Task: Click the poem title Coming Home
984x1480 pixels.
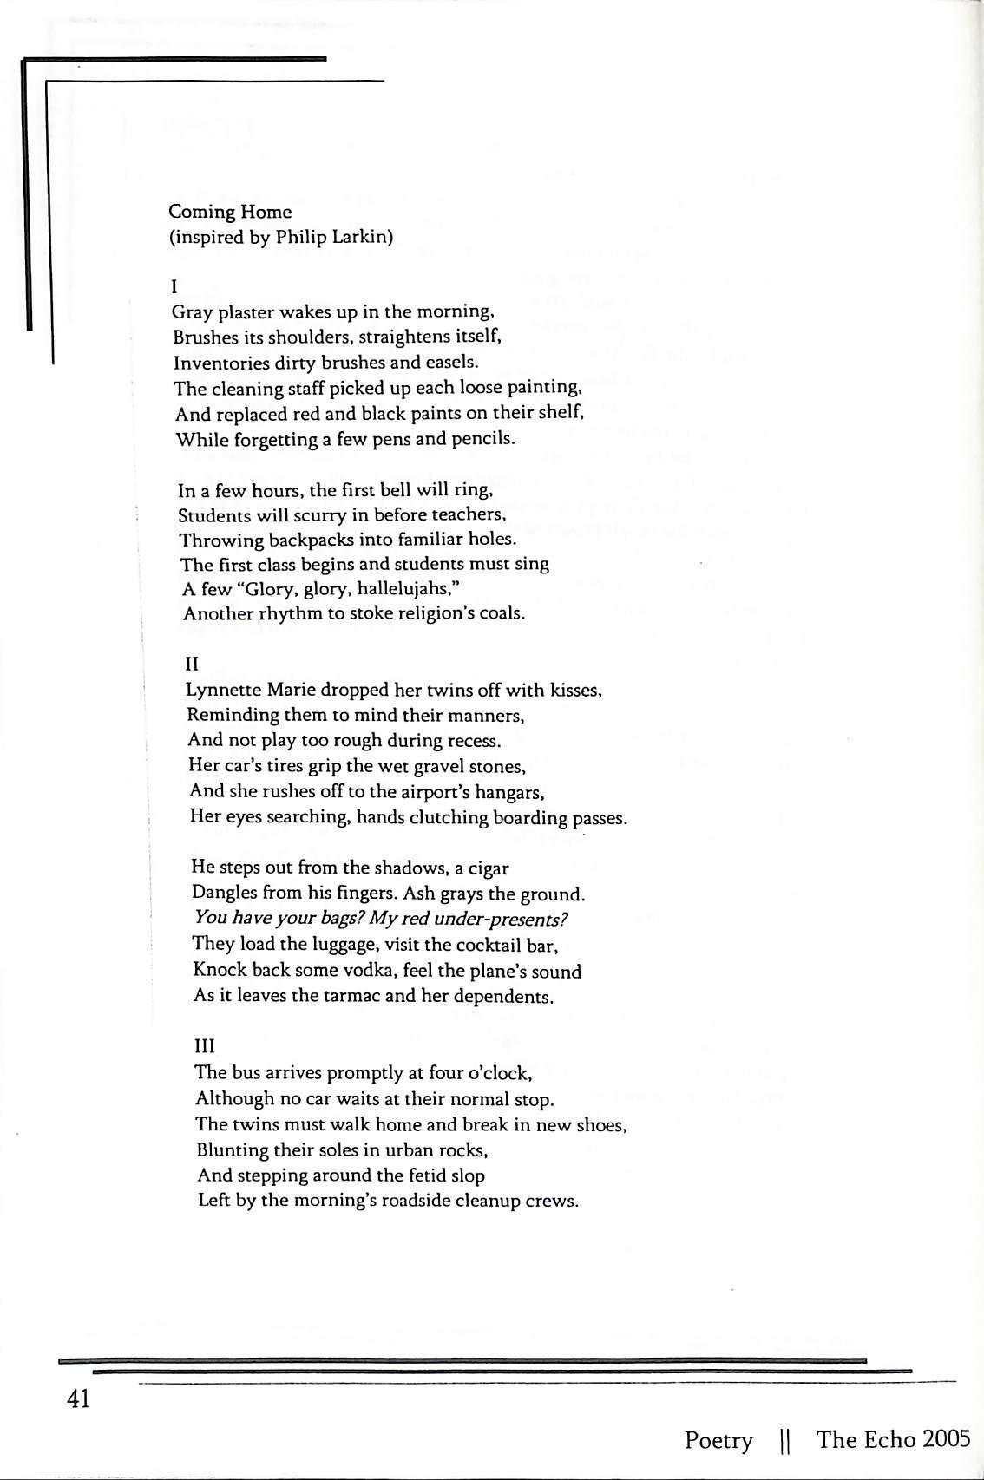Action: pyautogui.click(x=230, y=212)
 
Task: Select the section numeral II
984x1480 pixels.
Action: pyautogui.click(x=192, y=664)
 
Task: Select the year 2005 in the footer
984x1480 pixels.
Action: pyautogui.click(x=947, y=1439)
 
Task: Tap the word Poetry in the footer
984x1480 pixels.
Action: pyautogui.click(x=719, y=1441)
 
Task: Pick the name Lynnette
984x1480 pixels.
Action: pyautogui.click(x=222, y=691)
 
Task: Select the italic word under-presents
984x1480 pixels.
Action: pyautogui.click(x=505, y=919)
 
